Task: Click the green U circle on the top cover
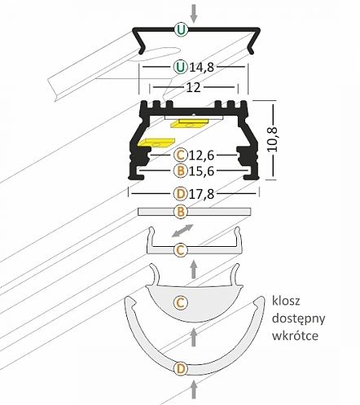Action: (x=181, y=29)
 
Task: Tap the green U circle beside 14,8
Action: (x=181, y=66)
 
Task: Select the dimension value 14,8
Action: (x=202, y=67)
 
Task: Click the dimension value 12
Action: (x=194, y=87)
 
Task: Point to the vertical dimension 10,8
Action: (x=272, y=139)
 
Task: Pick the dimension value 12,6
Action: (x=202, y=156)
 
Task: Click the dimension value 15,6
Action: (x=202, y=171)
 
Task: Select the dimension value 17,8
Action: (x=202, y=194)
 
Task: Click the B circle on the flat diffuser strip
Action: (x=181, y=212)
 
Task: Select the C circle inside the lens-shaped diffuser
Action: (x=181, y=302)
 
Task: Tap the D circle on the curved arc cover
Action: (x=181, y=369)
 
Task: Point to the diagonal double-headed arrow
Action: (x=183, y=230)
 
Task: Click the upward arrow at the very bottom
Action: (x=194, y=389)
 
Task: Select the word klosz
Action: (x=286, y=301)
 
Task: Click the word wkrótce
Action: (x=295, y=336)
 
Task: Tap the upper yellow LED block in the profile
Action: (x=190, y=123)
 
